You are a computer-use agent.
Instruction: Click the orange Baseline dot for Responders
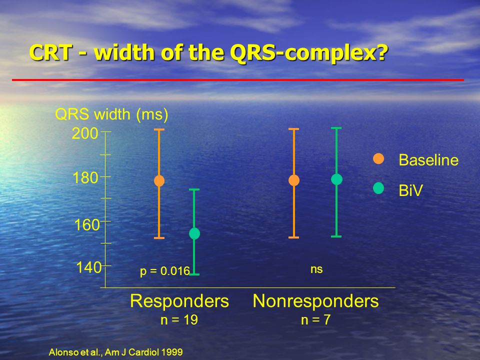click(x=159, y=181)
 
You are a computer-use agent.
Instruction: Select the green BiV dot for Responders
click(x=194, y=233)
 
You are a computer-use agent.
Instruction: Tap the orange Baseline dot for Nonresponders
click(x=294, y=180)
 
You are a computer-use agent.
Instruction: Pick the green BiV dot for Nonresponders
click(x=336, y=179)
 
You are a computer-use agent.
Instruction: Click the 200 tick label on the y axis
click(x=85, y=133)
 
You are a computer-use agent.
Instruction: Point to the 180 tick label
click(x=85, y=178)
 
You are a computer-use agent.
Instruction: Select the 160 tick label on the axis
click(x=87, y=224)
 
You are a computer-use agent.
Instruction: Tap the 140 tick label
click(x=89, y=267)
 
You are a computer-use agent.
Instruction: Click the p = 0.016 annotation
click(x=165, y=271)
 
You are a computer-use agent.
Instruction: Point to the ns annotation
click(x=316, y=269)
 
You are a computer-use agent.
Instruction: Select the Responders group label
click(x=179, y=301)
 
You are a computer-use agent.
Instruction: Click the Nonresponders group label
click(x=315, y=301)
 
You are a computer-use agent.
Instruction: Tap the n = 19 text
click(x=179, y=320)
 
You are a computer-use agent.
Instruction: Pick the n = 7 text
click(x=315, y=320)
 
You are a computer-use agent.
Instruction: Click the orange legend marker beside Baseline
click(x=378, y=158)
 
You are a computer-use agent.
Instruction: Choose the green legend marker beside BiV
click(x=378, y=188)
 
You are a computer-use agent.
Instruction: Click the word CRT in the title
click(x=51, y=52)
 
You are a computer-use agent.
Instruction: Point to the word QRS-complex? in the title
click(x=309, y=53)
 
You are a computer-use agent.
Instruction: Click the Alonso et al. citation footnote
click(x=115, y=352)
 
